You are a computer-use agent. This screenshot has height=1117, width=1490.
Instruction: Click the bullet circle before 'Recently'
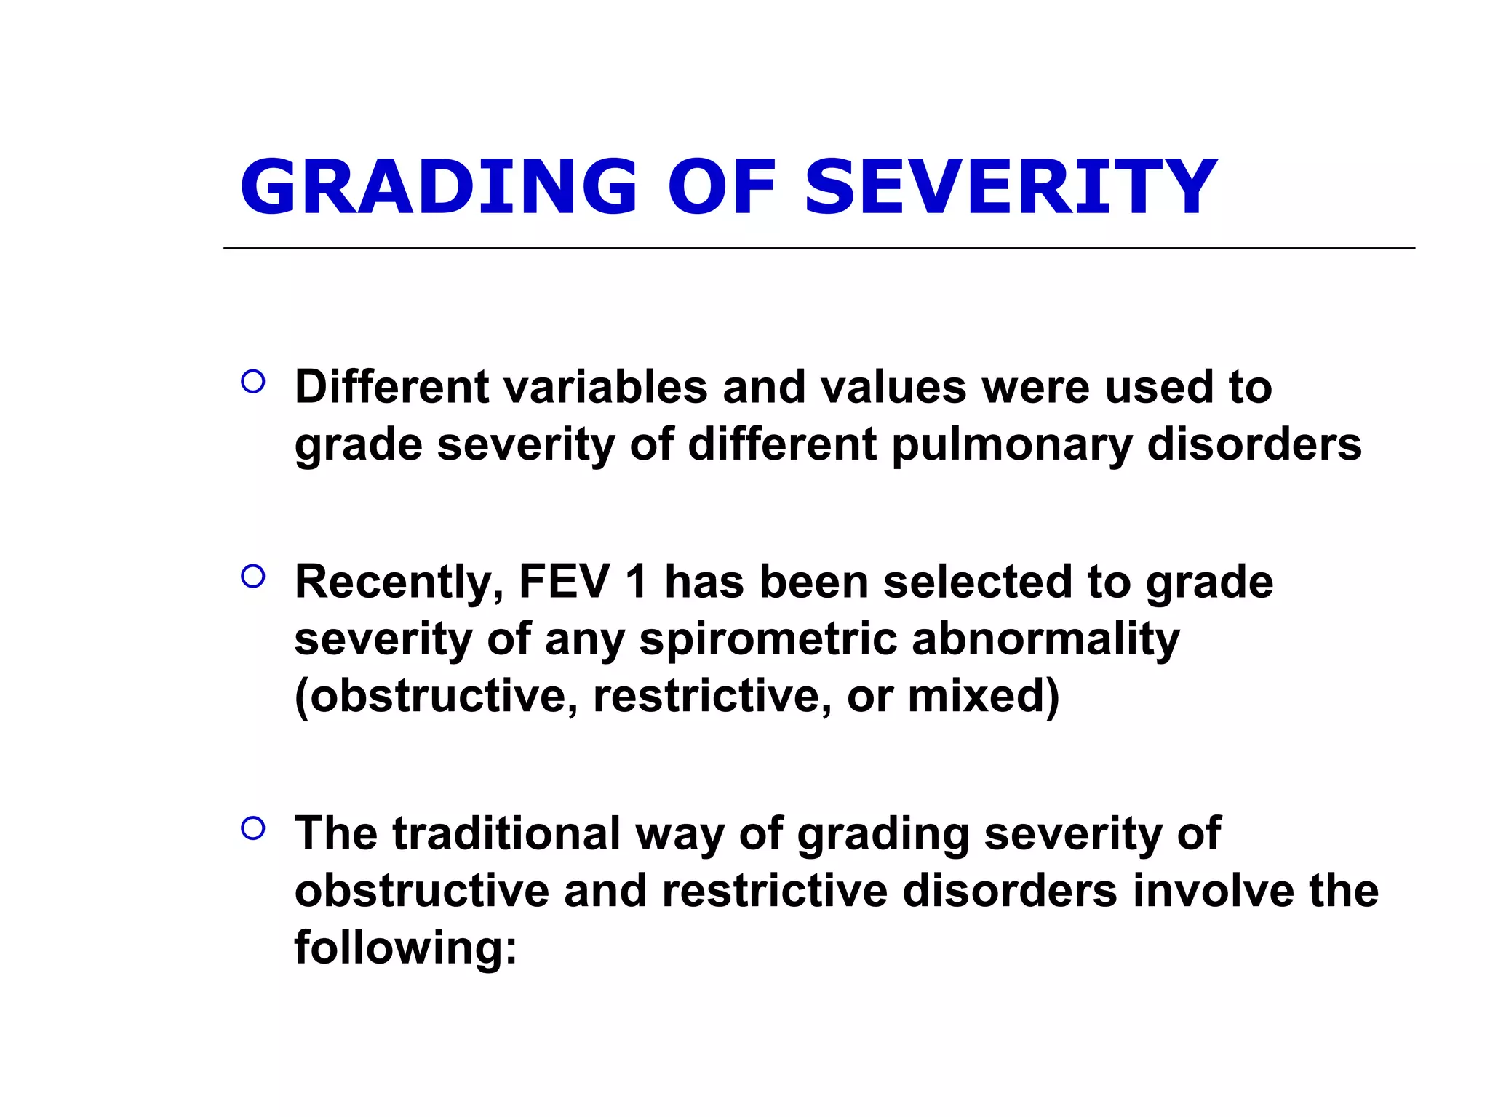[x=252, y=577]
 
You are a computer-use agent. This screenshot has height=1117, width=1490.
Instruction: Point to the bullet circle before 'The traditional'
[x=252, y=828]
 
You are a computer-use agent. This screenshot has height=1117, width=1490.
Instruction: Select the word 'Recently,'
[x=399, y=582]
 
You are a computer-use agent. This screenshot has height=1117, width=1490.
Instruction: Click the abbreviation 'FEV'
[x=565, y=582]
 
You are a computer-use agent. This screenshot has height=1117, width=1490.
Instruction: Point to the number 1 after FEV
[x=636, y=582]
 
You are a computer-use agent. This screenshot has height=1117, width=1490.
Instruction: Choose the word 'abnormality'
[x=1045, y=639]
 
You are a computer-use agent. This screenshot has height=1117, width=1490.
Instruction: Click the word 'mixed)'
[x=984, y=696]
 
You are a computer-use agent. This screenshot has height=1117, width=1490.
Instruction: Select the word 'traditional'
[x=506, y=833]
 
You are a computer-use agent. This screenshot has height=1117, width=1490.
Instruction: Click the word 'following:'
[x=405, y=948]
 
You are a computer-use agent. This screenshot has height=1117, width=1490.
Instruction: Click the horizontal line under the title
[x=818, y=248]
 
